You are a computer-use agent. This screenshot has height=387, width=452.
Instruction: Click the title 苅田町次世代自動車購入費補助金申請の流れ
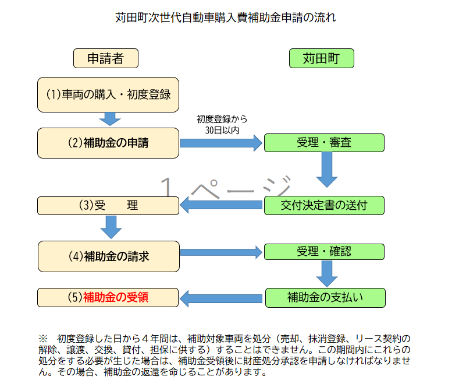coord(226,17)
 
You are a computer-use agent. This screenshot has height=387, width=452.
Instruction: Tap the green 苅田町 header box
coord(321,58)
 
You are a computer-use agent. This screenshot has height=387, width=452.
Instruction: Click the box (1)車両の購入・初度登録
coord(108,94)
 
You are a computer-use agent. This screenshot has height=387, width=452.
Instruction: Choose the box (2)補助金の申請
coord(108,143)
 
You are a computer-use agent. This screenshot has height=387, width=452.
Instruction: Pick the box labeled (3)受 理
coord(108,205)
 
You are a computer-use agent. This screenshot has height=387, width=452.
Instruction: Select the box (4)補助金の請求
coord(108,255)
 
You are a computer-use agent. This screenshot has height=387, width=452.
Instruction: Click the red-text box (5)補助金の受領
coord(108,297)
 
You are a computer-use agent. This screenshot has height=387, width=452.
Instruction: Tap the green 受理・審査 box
coord(324,143)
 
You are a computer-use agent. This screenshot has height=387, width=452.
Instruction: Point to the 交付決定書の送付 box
coord(324,205)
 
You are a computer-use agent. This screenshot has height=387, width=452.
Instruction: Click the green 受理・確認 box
coord(324,252)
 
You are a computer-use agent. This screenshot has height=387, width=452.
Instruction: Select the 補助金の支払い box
coord(325,297)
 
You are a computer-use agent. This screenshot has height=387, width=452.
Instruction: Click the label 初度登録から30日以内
coord(222,125)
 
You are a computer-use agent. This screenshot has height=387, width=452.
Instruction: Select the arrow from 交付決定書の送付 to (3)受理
coord(221,205)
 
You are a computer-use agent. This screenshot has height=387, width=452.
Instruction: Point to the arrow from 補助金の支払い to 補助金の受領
coord(221,298)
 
